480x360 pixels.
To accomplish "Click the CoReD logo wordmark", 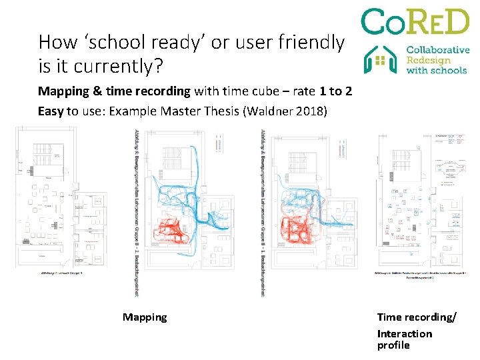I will pos(415,22).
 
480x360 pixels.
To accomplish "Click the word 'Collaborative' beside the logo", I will pos(437,50).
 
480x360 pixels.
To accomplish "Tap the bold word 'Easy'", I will pos(51,111).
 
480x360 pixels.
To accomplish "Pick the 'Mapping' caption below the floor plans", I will pos(145,317).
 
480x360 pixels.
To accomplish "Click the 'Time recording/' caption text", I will pos(417,317).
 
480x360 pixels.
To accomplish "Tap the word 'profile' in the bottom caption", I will pos(393,345).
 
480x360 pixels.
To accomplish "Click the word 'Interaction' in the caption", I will pos(404,333).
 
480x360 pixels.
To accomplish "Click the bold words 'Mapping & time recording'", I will pos(114,91).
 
